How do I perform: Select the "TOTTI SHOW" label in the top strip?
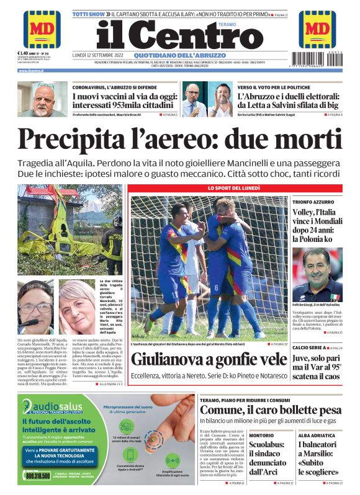tap(87, 13)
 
